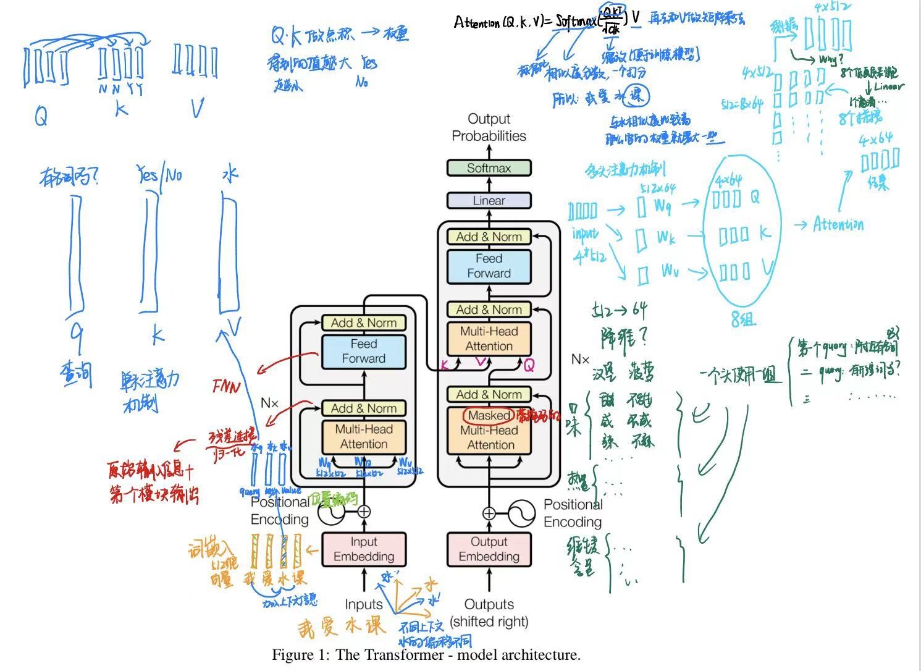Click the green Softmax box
point(489,167)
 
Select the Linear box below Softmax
point(489,201)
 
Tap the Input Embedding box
point(364,549)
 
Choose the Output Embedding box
point(489,549)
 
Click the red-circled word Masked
point(489,415)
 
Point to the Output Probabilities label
point(489,127)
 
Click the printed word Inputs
point(364,604)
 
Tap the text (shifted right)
point(489,622)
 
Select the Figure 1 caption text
point(426,655)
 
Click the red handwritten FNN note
point(225,386)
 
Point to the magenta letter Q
point(529,366)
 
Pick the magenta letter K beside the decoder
point(444,365)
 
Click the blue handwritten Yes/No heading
point(160,175)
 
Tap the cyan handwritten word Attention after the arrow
point(838,224)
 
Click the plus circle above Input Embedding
point(364,512)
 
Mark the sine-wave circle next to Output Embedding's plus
point(521,513)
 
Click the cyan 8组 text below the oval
point(743,319)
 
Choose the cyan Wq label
point(662,206)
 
